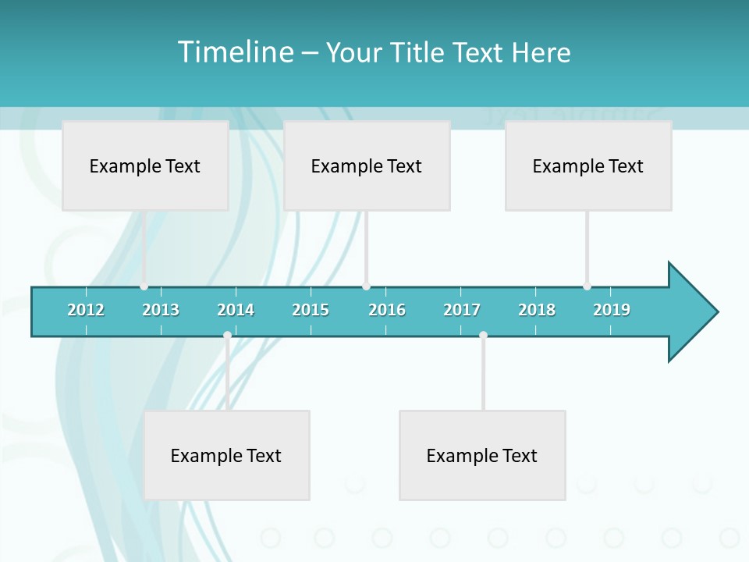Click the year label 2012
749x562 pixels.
[86, 310]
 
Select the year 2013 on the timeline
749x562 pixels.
[161, 310]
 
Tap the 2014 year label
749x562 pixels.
[236, 310]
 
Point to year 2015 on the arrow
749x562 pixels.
[311, 310]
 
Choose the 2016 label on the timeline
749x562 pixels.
[387, 310]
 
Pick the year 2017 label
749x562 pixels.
[462, 310]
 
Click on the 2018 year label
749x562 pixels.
[537, 310]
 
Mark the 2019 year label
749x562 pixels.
[612, 310]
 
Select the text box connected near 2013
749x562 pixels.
[145, 165]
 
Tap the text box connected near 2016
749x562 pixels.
[367, 165]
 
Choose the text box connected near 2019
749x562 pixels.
[588, 165]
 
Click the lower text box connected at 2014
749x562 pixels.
[226, 455]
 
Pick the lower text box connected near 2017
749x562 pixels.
[482, 455]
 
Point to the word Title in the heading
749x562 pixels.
[418, 52]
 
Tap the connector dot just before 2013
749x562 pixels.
[144, 286]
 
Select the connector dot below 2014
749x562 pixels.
[227, 336]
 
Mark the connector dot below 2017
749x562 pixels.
[483, 336]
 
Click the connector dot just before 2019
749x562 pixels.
[587, 286]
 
